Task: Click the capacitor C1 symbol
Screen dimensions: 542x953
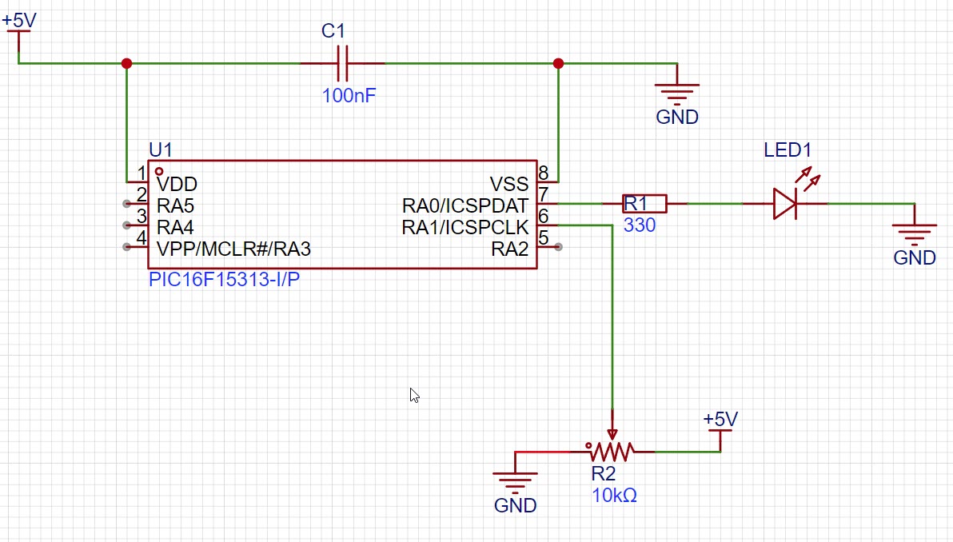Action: (x=342, y=63)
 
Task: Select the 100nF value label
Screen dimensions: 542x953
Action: (x=349, y=97)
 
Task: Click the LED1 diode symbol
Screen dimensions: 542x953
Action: (x=784, y=204)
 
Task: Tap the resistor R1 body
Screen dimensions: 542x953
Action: (x=644, y=204)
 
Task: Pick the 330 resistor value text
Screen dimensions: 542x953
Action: (x=640, y=226)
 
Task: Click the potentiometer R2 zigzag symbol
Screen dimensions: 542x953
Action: (x=612, y=452)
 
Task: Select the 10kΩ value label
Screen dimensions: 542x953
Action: (x=614, y=496)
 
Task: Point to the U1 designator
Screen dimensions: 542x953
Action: (x=161, y=150)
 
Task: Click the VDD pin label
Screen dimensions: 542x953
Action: (x=177, y=185)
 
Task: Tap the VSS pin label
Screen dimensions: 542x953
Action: (x=509, y=185)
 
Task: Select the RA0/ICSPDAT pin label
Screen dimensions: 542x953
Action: (x=465, y=206)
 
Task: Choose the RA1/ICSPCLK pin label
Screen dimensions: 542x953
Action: (x=465, y=228)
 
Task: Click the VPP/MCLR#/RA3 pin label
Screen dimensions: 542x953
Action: (x=233, y=249)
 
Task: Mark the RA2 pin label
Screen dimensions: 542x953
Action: (x=510, y=249)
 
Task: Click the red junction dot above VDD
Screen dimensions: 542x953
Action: (x=126, y=63)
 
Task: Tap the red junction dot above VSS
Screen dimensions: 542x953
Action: (x=558, y=63)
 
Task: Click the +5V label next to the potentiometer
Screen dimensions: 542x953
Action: (x=720, y=420)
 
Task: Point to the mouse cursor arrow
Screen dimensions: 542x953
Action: (x=413, y=394)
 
